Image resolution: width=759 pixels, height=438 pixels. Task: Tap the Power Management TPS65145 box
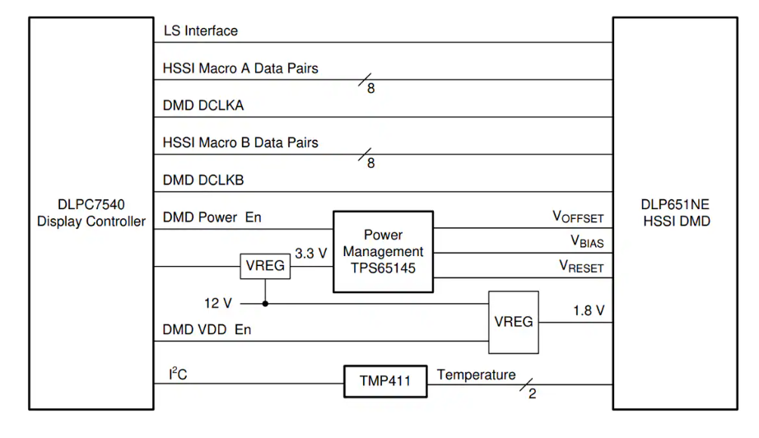(x=383, y=251)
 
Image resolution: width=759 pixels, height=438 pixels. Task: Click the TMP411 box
(x=386, y=382)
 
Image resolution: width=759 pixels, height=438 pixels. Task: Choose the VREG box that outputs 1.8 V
(x=513, y=322)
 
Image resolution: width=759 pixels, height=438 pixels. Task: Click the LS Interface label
(x=201, y=31)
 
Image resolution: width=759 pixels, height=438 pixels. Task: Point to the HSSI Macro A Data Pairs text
(x=241, y=69)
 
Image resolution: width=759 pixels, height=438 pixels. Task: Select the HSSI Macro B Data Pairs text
(x=241, y=142)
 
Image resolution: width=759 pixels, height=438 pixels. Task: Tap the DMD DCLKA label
(x=204, y=106)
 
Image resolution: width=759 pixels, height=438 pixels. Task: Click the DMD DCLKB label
(x=204, y=179)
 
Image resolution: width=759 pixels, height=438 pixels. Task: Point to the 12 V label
(x=219, y=303)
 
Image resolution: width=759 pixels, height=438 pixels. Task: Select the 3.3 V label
(x=311, y=254)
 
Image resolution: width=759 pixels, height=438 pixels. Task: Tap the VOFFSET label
(x=577, y=218)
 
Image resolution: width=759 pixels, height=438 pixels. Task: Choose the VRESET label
(x=580, y=267)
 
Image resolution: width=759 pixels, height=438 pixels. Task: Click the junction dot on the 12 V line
(x=265, y=303)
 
